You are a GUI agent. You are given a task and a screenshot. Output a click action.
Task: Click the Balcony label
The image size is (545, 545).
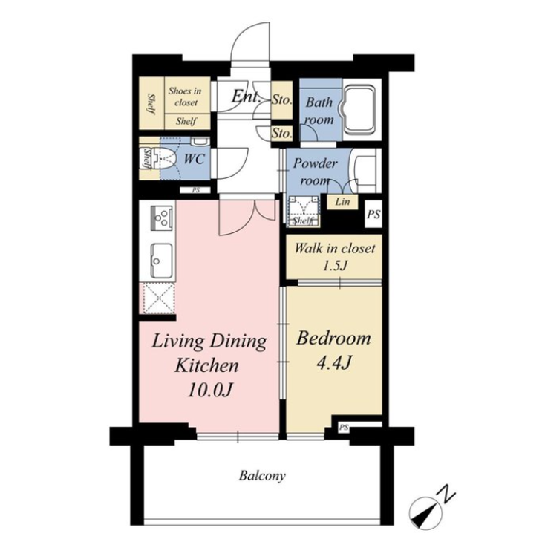[x=262, y=476]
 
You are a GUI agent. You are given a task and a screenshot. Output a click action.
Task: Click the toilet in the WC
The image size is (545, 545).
[x=166, y=158]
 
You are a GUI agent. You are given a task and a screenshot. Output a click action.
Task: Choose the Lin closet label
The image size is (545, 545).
[x=343, y=201]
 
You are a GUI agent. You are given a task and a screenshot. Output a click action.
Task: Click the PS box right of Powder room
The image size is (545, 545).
[x=373, y=215]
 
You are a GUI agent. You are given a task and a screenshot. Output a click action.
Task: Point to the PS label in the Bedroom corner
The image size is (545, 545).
[x=344, y=428]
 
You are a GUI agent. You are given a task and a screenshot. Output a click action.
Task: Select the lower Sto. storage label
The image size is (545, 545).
[x=281, y=134]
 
